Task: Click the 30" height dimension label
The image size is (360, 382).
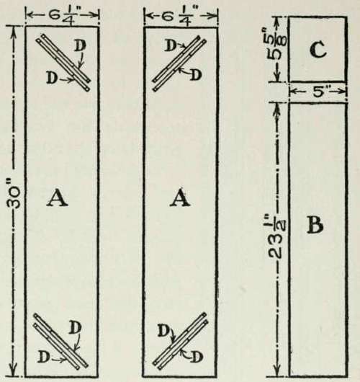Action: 15,197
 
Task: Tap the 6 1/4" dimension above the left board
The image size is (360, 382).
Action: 62,16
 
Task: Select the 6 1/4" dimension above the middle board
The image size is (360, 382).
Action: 181,16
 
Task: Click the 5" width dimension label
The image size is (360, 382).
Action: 318,92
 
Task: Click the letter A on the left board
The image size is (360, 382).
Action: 57,198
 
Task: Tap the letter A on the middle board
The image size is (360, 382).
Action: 180,198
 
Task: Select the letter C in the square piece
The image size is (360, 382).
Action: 318,50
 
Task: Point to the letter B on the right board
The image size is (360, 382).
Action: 315,226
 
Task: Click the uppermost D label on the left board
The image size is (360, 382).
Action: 80,45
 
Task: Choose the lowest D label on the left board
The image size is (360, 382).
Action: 43,357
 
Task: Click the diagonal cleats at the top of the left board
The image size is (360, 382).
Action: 63,63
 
